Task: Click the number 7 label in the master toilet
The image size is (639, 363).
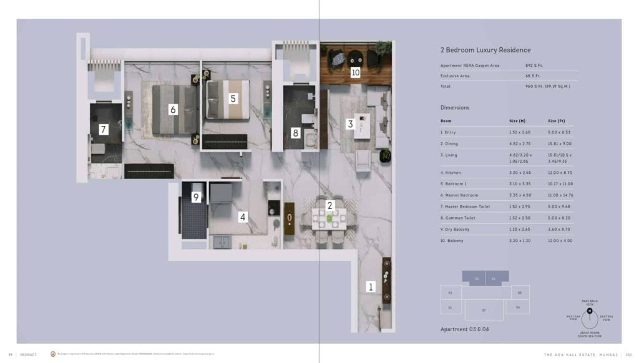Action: point(104,130)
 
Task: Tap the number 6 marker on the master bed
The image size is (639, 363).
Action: point(173,110)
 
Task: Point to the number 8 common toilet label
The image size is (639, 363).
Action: point(296,132)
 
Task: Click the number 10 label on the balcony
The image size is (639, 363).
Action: point(355,72)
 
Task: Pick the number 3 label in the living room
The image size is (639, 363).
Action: point(350,124)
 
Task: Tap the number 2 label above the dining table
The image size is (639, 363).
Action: point(331,204)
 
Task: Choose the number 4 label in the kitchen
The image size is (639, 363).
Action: point(243,217)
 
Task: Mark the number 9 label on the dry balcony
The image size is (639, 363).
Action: point(196,197)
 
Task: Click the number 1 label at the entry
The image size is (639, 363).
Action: point(371,287)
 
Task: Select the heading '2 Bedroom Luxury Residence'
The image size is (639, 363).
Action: point(485,50)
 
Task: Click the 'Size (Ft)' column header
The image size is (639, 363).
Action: point(557,121)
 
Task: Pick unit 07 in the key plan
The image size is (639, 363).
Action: point(484,309)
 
